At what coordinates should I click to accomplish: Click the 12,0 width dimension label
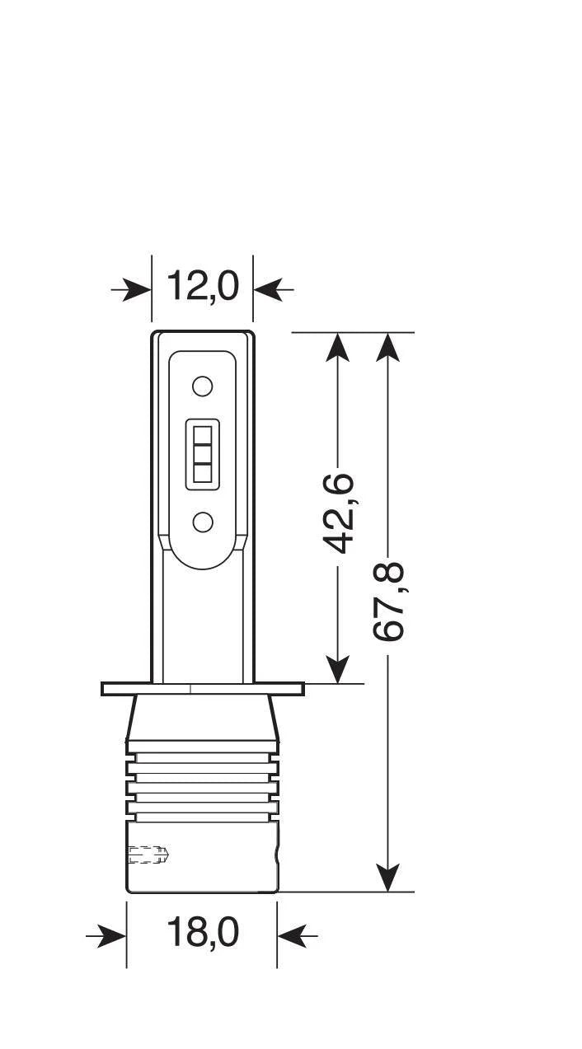pyautogui.click(x=202, y=287)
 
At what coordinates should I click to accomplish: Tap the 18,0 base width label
pyautogui.click(x=202, y=933)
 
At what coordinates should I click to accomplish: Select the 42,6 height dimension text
pyautogui.click(x=338, y=512)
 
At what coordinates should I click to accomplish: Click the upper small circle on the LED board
pyautogui.click(x=202, y=386)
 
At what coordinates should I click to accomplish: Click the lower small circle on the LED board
pyautogui.click(x=202, y=521)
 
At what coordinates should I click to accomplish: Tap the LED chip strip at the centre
pyautogui.click(x=202, y=454)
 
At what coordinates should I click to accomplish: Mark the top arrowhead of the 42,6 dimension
pyautogui.click(x=338, y=346)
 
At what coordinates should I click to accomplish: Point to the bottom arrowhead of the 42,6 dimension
pyautogui.click(x=338, y=669)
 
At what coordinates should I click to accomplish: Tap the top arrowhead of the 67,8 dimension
pyautogui.click(x=388, y=346)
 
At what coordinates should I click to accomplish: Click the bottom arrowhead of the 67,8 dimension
pyautogui.click(x=388, y=877)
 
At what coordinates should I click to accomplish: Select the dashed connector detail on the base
pyautogui.click(x=148, y=855)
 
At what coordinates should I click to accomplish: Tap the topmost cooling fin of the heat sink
pyautogui.click(x=202, y=747)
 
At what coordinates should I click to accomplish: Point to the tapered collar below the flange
pyautogui.click(x=202, y=716)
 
